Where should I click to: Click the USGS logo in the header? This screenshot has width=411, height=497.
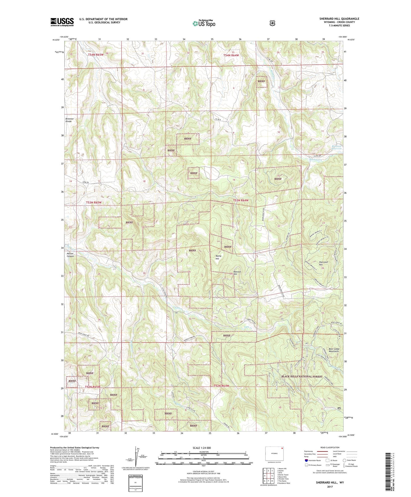point(62,22)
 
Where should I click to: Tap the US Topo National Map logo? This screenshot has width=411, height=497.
point(203,23)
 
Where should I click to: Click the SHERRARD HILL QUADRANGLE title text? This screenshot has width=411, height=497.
point(339,19)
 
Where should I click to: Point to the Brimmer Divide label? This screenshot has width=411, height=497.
point(69,120)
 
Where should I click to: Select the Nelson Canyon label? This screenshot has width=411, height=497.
point(70,255)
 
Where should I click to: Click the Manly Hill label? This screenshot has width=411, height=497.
point(218,257)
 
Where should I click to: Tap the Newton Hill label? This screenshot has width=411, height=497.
point(237,273)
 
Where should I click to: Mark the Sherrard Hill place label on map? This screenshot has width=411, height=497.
point(323,263)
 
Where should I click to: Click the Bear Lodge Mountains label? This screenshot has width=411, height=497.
point(334,350)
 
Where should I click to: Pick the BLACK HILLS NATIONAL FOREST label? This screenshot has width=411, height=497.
point(302,377)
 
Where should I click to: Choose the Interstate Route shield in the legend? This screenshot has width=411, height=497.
point(306,460)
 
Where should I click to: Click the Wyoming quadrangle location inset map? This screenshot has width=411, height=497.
point(274,454)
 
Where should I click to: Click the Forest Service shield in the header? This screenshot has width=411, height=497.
point(272,23)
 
